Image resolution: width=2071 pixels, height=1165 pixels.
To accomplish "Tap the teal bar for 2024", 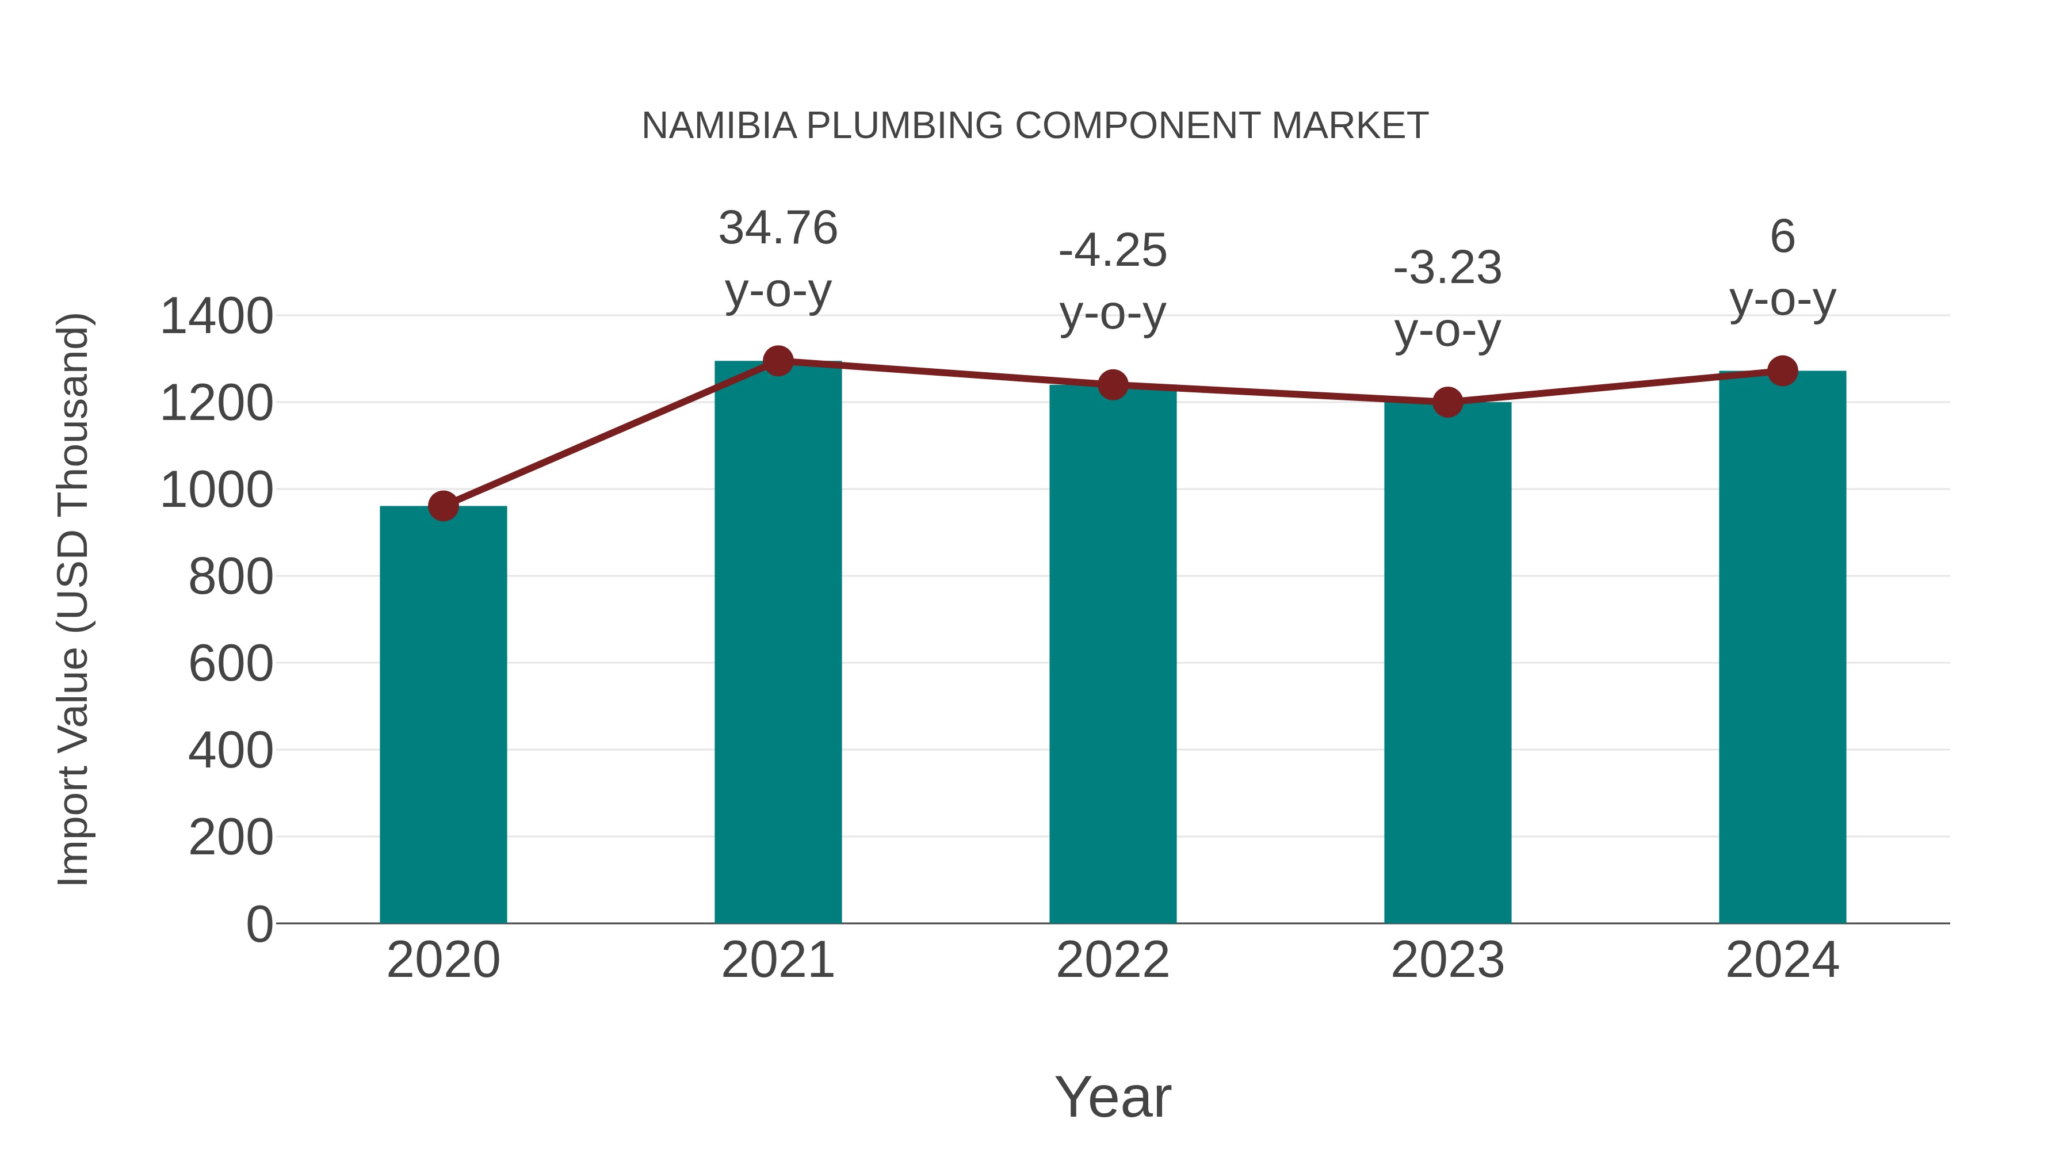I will pyautogui.click(x=1782, y=647).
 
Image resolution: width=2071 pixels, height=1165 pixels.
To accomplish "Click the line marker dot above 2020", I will pyautogui.click(x=443, y=506).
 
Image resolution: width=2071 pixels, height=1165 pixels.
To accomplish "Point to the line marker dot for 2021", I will pyautogui.click(x=777, y=361).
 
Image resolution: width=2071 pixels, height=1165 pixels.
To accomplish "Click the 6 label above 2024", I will pyautogui.click(x=1782, y=236).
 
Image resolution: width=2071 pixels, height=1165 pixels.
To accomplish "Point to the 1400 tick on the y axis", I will pyautogui.click(x=216, y=316).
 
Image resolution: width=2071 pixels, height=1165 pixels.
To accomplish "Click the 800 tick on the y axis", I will pyautogui.click(x=230, y=576).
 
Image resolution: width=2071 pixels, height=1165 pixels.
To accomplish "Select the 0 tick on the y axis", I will pyautogui.click(x=259, y=924).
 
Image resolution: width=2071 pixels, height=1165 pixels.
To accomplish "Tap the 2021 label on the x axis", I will pyautogui.click(x=777, y=960).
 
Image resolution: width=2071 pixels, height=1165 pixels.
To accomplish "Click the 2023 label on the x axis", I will pyautogui.click(x=1447, y=960).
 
